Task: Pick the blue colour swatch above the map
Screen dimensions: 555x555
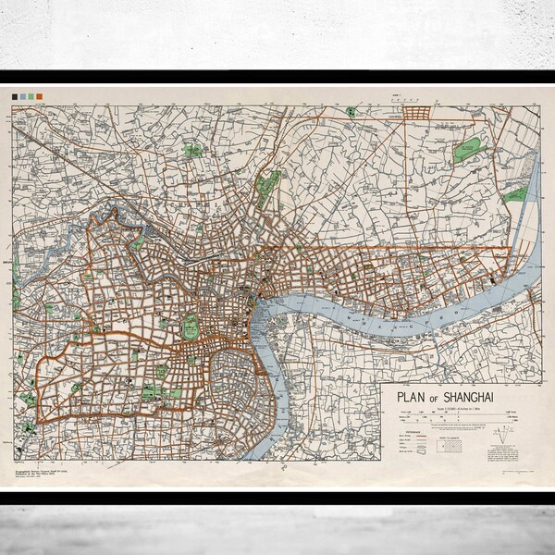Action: point(33,96)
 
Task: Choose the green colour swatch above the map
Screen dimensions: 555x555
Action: point(25,96)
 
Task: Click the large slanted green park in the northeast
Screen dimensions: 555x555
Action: point(471,150)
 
